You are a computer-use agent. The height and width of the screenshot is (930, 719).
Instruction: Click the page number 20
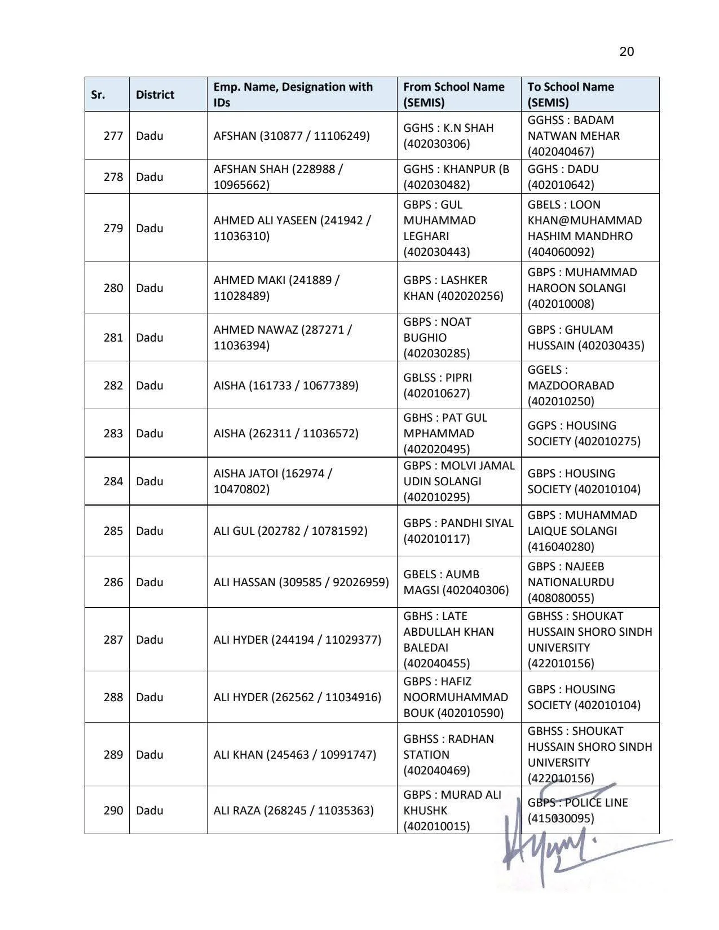click(627, 52)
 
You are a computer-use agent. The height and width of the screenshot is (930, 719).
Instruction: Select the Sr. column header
click(98, 95)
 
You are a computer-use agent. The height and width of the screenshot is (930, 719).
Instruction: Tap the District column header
click(155, 95)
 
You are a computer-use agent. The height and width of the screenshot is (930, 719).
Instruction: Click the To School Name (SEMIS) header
click(571, 95)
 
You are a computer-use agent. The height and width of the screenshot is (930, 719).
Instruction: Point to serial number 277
click(113, 136)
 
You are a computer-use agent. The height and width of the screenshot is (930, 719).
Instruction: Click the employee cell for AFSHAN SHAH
click(278, 177)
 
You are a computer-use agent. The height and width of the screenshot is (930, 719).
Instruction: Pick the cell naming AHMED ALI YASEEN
click(292, 228)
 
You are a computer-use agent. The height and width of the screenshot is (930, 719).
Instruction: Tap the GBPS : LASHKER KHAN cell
click(453, 288)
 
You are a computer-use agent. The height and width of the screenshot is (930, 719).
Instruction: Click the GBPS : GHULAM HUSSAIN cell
click(586, 338)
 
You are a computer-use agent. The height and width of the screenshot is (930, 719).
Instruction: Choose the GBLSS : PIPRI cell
click(438, 386)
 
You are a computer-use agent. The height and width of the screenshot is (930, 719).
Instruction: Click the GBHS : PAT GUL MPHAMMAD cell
click(445, 433)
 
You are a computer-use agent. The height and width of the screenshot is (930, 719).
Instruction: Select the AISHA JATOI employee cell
click(273, 481)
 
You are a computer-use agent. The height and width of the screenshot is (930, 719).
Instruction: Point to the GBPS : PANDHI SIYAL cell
click(458, 531)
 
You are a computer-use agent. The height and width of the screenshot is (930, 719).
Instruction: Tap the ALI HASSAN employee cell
click(301, 582)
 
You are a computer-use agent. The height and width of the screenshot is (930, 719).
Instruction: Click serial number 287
click(113, 640)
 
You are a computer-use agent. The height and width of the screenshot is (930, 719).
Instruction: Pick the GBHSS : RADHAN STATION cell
click(448, 755)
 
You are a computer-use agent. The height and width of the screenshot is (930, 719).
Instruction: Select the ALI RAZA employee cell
click(293, 811)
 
